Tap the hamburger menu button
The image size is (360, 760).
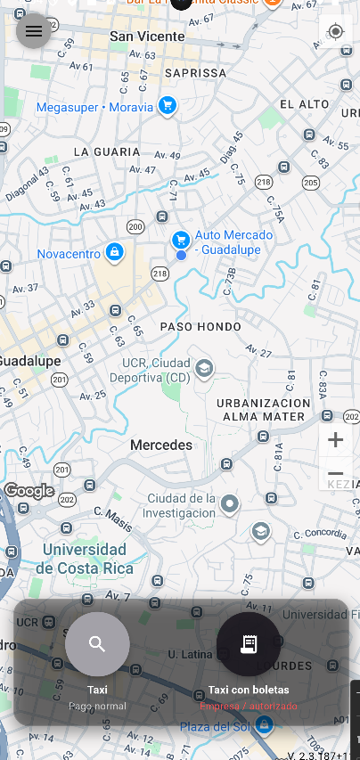(x=34, y=32)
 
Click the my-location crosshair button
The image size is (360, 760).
(x=335, y=32)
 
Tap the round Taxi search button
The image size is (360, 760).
(x=97, y=644)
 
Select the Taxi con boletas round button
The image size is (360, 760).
(x=249, y=644)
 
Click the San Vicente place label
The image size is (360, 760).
(x=147, y=37)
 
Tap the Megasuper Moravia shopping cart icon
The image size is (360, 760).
(x=167, y=107)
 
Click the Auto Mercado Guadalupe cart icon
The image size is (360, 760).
(x=181, y=239)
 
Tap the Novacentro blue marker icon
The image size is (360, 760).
(x=113, y=253)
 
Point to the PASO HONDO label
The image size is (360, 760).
(x=200, y=327)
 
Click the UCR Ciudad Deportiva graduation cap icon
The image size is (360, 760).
(x=204, y=368)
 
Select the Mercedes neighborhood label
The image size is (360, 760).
(x=161, y=445)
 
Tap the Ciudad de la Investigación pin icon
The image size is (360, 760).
(x=230, y=505)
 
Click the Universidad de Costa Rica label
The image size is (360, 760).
(x=85, y=559)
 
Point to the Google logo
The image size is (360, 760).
(x=29, y=491)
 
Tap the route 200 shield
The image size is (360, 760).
(x=135, y=227)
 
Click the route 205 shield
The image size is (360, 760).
(x=310, y=183)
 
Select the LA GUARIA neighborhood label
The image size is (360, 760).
(x=107, y=152)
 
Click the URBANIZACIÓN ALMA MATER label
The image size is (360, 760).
(x=264, y=410)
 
